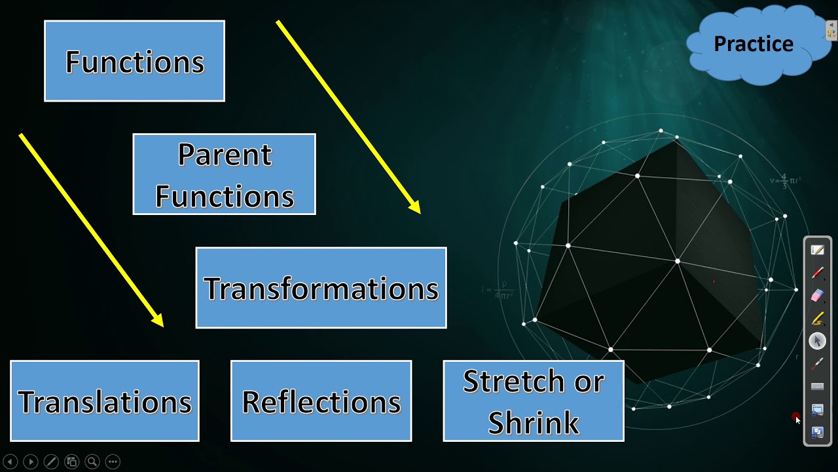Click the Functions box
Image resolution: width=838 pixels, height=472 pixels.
coord(134,61)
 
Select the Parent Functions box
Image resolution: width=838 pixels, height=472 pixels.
coord(224,174)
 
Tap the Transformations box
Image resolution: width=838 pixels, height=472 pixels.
coord(321,288)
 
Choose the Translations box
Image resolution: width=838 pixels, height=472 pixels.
coord(105,401)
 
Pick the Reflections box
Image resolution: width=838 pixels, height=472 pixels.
coord(321,401)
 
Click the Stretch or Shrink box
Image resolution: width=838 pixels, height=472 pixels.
coord(534,401)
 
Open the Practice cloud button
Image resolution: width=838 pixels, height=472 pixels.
coord(754,44)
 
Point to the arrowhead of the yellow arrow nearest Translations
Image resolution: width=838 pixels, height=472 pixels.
coord(158,321)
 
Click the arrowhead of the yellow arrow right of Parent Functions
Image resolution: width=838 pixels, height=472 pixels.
coord(414,208)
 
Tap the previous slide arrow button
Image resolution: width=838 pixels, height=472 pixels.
coord(10,462)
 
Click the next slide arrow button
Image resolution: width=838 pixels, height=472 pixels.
coord(30,462)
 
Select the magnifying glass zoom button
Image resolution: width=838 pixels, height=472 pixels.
coord(92,462)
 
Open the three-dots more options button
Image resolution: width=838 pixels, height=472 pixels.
coord(112,462)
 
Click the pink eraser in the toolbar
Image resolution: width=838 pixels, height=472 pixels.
coord(817,296)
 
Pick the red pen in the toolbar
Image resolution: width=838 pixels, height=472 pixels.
coord(817,273)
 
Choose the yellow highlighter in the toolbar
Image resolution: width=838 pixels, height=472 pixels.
coord(817,319)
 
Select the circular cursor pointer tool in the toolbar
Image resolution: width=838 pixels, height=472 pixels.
coord(817,341)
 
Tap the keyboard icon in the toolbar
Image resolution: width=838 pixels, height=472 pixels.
coord(817,387)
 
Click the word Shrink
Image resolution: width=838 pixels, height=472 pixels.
coord(534,422)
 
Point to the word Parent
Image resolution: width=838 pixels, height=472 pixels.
coord(224,155)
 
